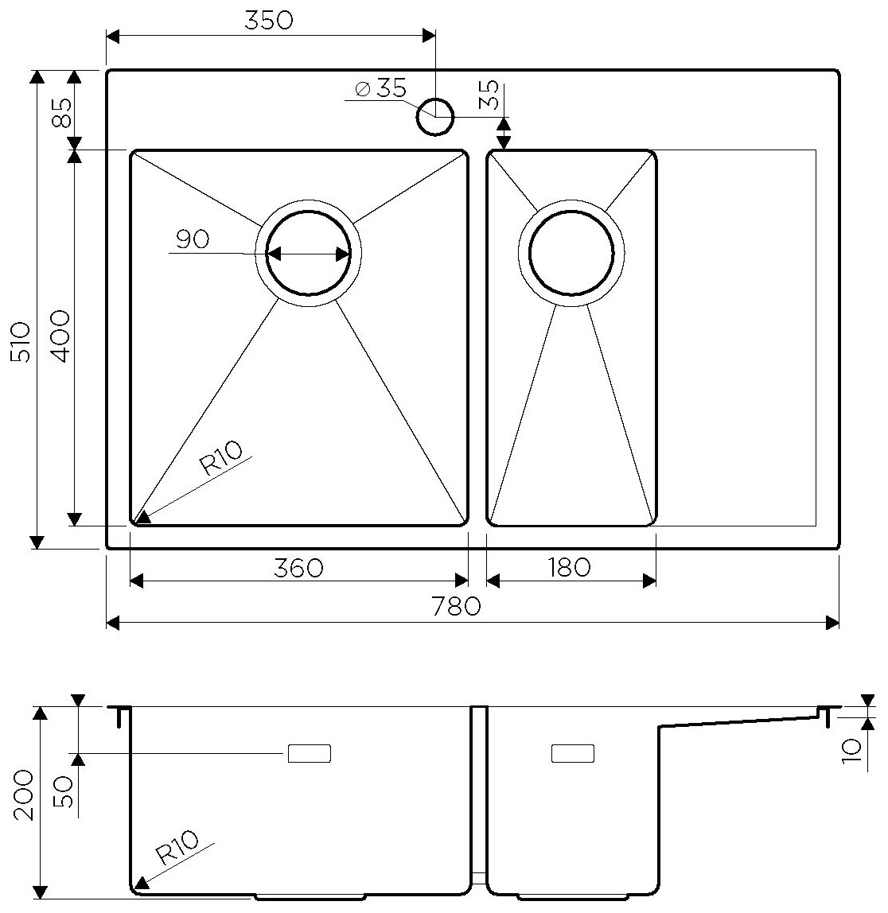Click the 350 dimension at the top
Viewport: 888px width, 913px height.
269,21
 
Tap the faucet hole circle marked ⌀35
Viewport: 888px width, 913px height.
434,116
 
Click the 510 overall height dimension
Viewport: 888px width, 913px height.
21,342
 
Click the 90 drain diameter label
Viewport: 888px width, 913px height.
192,239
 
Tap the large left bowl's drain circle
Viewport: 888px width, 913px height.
309,254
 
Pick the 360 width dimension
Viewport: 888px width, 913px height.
298,568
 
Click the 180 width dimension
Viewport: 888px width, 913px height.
570,568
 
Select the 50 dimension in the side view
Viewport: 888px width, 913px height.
65,792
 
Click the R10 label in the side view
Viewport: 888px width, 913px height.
177,848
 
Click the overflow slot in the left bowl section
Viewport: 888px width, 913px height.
309,752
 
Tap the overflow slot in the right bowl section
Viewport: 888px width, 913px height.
573,752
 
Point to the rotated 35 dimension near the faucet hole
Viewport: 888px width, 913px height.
490,95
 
